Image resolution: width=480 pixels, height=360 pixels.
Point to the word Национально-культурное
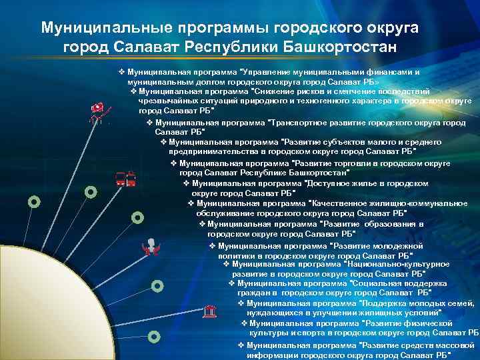(x=399, y=264)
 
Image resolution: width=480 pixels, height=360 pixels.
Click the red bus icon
(x=125, y=179)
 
